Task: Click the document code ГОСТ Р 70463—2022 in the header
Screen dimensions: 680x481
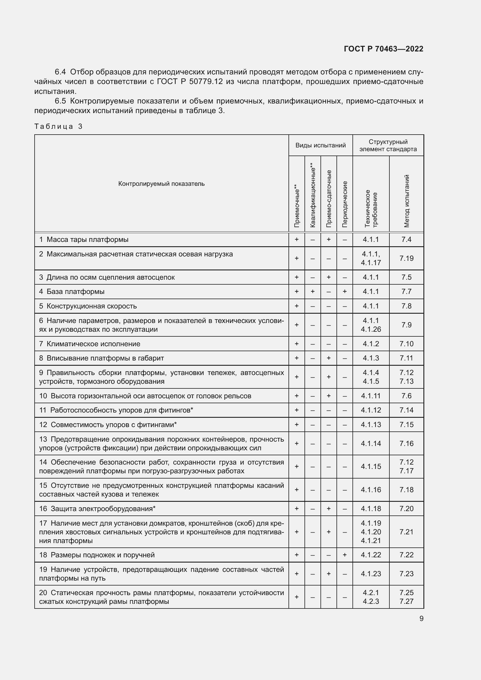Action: coord(383,49)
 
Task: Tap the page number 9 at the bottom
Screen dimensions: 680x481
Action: coord(421,619)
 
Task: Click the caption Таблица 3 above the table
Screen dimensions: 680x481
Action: coord(58,126)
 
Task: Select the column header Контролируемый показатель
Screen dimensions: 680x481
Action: coord(161,184)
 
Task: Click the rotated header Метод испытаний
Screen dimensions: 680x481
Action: coord(406,201)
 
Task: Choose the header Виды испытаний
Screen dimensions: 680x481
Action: coord(320,145)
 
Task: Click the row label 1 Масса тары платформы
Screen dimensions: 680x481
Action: coord(84,239)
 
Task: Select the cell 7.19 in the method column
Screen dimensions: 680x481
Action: coord(406,258)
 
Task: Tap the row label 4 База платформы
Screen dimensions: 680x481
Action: coord(72,291)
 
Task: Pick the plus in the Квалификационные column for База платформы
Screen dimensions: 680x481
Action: coord(313,291)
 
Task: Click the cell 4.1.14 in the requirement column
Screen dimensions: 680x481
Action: coord(371,443)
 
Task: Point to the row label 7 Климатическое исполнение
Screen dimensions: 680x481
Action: coord(90,344)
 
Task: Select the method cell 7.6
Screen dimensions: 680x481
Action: coord(406,396)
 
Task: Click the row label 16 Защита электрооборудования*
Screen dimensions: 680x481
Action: coord(97,508)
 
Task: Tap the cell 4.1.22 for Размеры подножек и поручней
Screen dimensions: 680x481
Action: coord(371,555)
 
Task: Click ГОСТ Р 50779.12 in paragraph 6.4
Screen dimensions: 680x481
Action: coord(190,81)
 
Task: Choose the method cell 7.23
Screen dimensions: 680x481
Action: coord(406,574)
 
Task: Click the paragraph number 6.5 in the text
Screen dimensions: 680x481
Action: coord(60,101)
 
